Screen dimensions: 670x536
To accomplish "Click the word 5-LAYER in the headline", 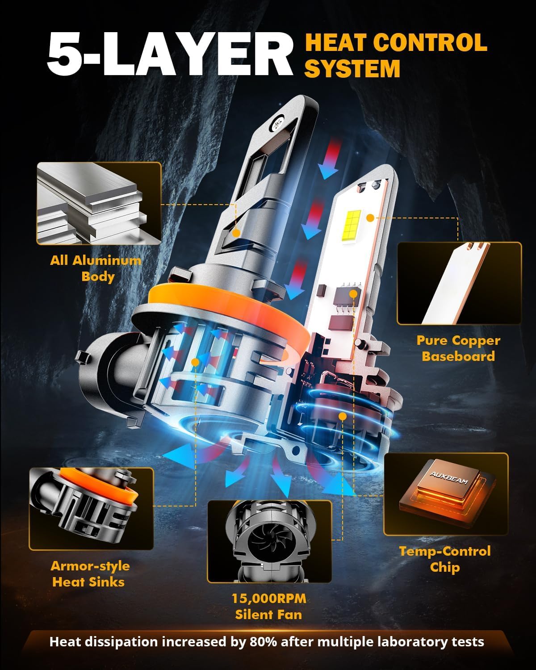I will point(170,56).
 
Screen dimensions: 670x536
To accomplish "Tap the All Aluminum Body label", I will point(96,268).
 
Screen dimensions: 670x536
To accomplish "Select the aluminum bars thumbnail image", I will point(99,203).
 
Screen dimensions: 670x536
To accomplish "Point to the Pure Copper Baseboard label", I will point(458,348).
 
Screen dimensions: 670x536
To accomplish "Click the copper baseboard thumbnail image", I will point(459,283).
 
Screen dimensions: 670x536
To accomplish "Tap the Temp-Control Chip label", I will point(445,559).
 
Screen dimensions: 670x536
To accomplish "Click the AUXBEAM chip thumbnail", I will point(446,494).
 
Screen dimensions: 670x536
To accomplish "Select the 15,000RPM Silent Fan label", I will point(269,606).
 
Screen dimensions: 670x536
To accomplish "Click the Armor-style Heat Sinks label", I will point(90,574).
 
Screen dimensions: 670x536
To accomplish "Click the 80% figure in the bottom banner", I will point(259,642).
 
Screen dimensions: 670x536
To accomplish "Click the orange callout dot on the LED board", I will point(370,218).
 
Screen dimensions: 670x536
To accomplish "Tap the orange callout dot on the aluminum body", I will point(237,233).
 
